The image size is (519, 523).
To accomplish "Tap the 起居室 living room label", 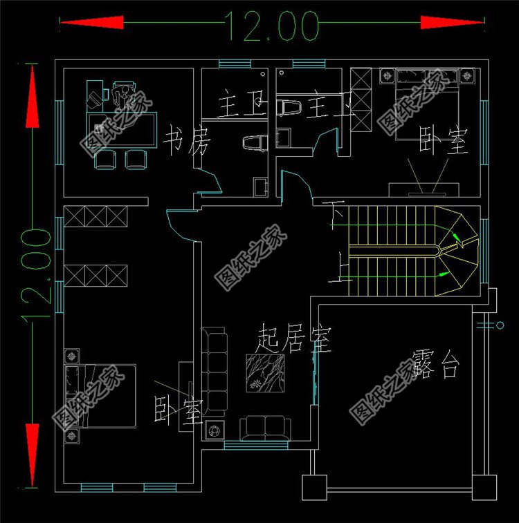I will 293,339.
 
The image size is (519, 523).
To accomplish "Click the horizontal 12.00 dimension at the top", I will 271,27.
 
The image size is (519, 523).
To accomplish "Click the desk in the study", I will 121,128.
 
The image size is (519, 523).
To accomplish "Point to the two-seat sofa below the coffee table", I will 266,428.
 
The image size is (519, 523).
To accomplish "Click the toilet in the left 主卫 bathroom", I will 255,143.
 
